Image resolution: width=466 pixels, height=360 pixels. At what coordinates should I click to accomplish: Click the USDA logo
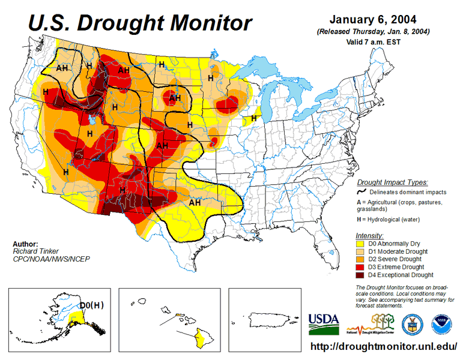pos(324,323)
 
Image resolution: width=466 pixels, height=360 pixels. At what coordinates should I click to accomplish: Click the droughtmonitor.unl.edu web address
pos(384,347)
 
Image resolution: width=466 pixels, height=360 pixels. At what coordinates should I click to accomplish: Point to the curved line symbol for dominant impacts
pos(362,192)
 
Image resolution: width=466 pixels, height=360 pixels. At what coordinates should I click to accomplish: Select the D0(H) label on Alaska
pos(91,305)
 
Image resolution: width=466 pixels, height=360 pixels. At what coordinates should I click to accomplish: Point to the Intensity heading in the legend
pos(369,235)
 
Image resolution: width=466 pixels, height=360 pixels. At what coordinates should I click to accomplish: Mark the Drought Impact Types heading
pos(392,182)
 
